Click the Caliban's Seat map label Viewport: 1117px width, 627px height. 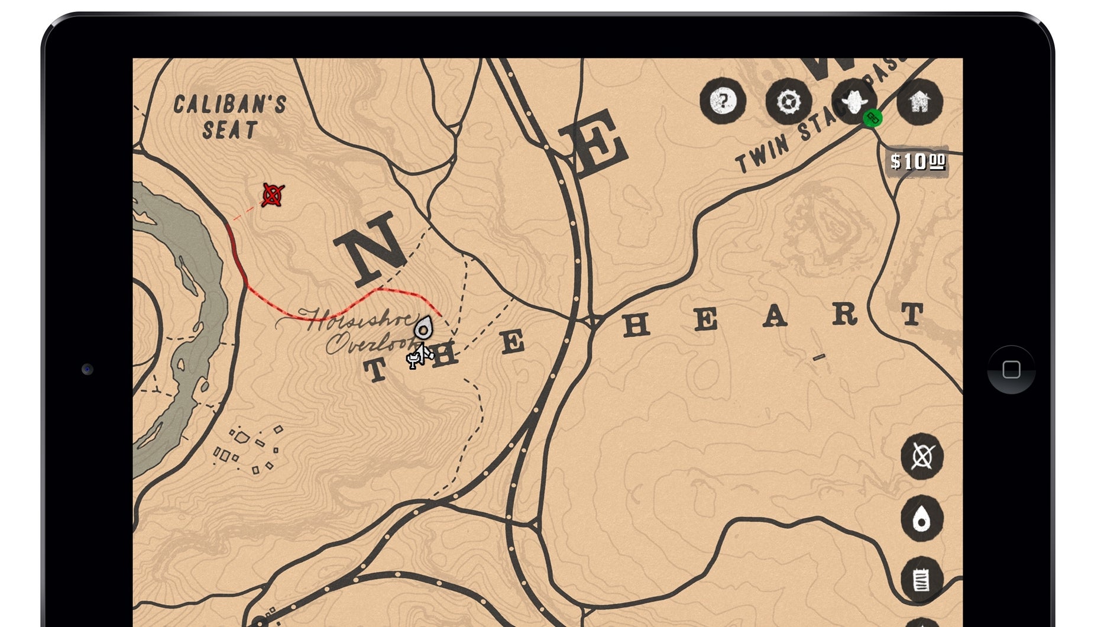pos(230,117)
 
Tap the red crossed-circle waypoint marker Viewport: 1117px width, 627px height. pos(273,195)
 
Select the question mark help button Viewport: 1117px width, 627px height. pos(722,102)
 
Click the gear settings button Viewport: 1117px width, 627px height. pos(788,102)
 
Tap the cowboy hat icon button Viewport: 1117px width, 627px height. pos(853,102)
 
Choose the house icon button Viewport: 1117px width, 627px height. pos(919,102)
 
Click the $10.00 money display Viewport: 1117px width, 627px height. pos(918,161)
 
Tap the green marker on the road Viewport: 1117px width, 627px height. pos(872,118)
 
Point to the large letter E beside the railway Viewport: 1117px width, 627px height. pos(593,145)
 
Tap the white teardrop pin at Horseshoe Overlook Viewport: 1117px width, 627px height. pos(423,328)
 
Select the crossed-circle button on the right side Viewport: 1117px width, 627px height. pos(922,456)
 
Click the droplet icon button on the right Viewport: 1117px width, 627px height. pos(921,519)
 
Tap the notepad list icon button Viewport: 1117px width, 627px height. pos(921,580)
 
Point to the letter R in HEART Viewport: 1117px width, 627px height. pos(845,314)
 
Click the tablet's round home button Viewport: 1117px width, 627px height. pos(1011,370)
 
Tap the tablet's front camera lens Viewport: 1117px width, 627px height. pos(88,370)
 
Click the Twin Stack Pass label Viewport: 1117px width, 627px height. pos(816,124)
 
